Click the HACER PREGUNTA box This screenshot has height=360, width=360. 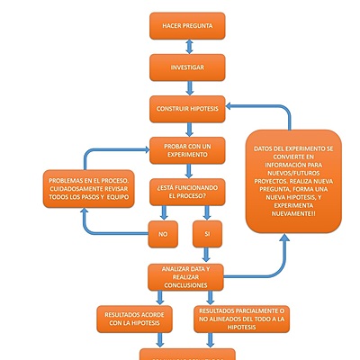coord(187,27)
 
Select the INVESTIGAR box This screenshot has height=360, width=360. coord(187,67)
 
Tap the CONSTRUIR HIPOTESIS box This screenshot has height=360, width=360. coord(187,108)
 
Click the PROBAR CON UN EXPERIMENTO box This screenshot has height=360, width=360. coord(187,149)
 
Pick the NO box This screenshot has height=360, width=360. coord(164,234)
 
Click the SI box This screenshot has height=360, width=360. coord(208,234)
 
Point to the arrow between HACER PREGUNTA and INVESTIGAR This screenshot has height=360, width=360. coord(188,47)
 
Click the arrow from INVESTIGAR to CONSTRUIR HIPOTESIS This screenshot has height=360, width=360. coord(188,87)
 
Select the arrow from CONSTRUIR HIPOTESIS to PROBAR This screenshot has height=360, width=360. coord(188,129)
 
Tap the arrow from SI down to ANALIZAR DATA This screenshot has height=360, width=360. coord(208,254)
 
